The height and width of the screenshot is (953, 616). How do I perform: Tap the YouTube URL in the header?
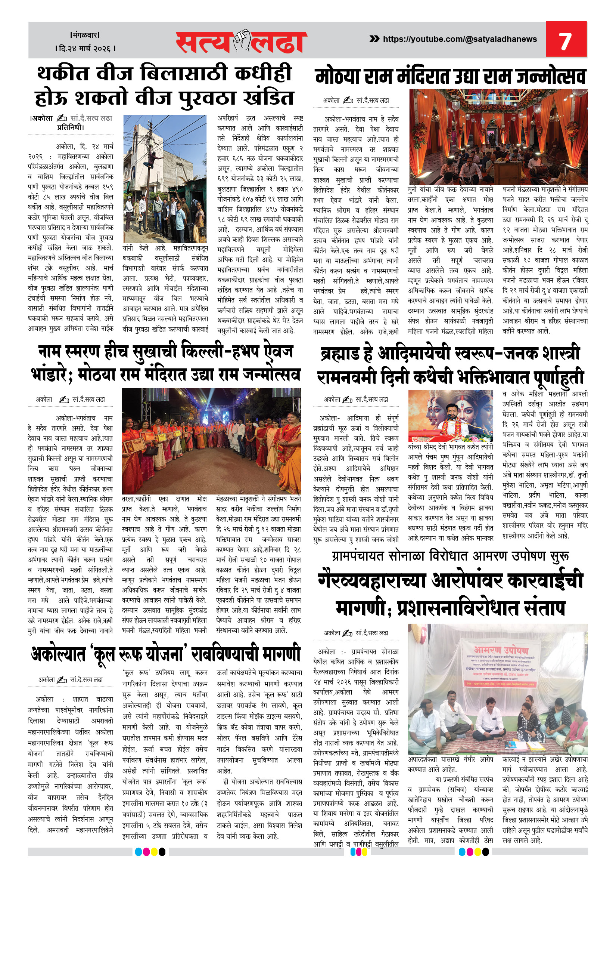point(460,39)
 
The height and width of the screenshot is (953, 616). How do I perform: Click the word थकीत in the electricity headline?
point(63,74)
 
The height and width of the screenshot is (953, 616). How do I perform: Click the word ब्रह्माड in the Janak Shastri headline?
point(346,354)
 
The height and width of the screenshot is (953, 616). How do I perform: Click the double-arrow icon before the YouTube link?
point(374,39)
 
